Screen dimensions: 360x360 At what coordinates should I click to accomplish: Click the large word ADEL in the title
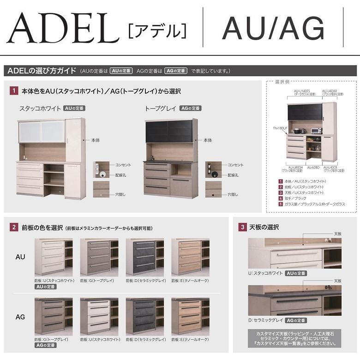click(63, 29)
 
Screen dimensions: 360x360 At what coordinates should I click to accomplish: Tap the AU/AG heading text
click(273, 29)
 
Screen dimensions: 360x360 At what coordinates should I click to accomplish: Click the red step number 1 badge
click(14, 91)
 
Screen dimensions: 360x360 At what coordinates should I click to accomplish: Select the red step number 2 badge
click(14, 227)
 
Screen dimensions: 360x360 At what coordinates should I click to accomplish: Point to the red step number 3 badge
click(242, 227)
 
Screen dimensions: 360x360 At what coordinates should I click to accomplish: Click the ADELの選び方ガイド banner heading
click(42, 71)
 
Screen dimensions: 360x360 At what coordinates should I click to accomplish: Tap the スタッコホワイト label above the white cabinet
click(40, 108)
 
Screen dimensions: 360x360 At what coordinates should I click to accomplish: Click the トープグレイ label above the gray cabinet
click(161, 108)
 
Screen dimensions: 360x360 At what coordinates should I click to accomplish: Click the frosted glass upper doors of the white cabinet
click(42, 131)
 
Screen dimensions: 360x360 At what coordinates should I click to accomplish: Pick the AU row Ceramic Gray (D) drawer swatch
click(144, 257)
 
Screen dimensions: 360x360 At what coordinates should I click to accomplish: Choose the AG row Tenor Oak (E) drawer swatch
click(190, 317)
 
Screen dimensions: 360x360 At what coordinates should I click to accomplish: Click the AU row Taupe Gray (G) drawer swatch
click(99, 257)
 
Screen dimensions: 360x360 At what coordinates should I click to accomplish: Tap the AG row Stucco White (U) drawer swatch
click(99, 317)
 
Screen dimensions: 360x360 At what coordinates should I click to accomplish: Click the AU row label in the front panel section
click(21, 257)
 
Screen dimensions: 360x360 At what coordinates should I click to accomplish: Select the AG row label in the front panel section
click(21, 317)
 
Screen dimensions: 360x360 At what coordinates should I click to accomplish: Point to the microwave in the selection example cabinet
click(316, 131)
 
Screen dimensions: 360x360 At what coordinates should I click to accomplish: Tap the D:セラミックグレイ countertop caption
click(265, 320)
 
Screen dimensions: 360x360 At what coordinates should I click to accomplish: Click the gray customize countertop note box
click(294, 339)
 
